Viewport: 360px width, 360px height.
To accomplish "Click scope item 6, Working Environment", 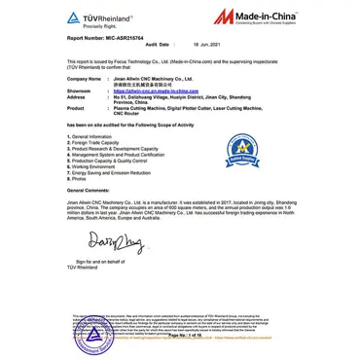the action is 95,166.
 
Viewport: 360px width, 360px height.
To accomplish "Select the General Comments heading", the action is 89,190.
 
